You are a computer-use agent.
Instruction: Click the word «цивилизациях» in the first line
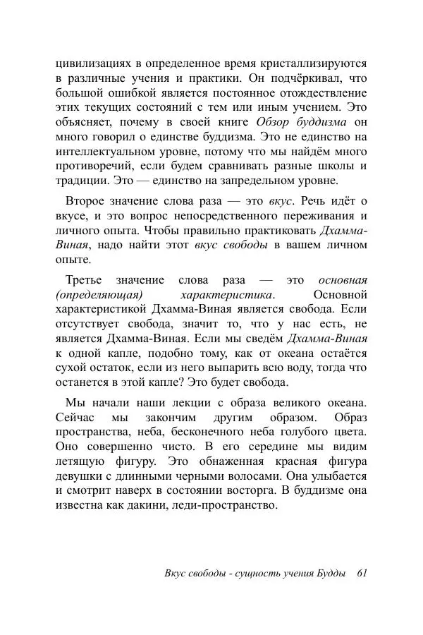pos(92,63)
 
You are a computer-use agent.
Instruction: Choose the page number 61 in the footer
pos(362,573)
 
